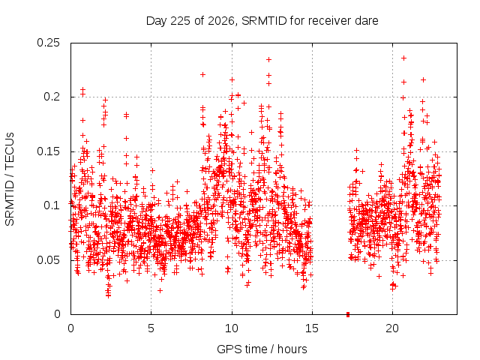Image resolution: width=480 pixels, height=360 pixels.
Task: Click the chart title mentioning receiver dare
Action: click(262, 21)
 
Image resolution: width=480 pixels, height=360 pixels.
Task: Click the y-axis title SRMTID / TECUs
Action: click(10, 179)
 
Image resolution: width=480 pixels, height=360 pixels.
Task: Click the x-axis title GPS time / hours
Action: click(262, 349)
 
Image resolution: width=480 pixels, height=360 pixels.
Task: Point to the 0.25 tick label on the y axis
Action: click(48, 43)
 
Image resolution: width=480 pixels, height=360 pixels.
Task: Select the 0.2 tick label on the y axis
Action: click(52, 97)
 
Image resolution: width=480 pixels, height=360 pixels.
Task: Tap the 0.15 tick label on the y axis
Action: click(48, 151)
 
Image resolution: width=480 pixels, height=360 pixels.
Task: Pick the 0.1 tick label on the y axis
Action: click(52, 205)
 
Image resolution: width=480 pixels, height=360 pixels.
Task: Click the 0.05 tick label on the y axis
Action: click(48, 260)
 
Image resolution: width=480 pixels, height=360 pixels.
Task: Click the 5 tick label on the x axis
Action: click(151, 328)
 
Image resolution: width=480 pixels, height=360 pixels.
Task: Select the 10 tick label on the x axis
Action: click(232, 328)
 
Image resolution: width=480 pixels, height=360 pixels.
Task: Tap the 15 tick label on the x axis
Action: click(312, 328)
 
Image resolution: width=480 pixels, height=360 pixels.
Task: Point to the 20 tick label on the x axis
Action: click(392, 328)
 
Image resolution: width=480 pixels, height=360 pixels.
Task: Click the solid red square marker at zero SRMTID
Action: click(348, 314)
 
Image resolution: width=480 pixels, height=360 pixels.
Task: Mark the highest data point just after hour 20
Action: click(403, 58)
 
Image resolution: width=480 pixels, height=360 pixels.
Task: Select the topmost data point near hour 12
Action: click(268, 60)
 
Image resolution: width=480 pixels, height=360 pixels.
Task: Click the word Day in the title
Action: click(157, 21)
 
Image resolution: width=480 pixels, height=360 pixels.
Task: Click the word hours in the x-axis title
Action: click(292, 349)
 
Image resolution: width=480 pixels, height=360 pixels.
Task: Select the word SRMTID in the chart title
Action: click(264, 21)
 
